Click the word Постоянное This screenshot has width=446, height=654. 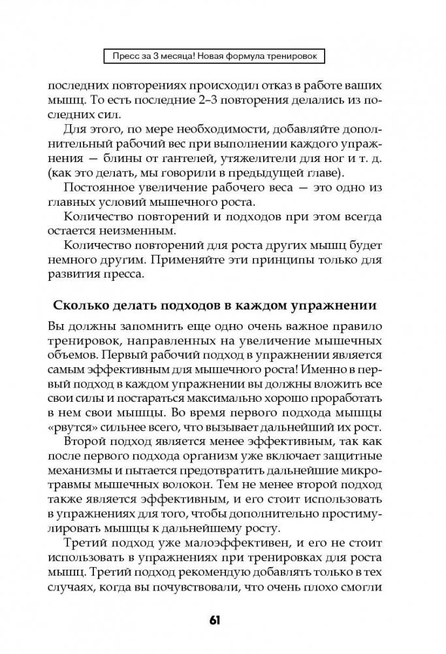pyautogui.click(x=106, y=189)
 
